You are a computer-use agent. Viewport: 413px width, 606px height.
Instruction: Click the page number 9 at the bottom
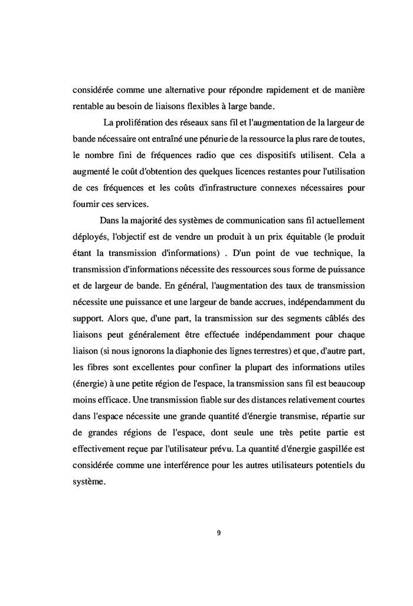(x=219, y=533)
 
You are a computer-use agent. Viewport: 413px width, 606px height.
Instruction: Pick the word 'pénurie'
(x=225, y=139)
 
